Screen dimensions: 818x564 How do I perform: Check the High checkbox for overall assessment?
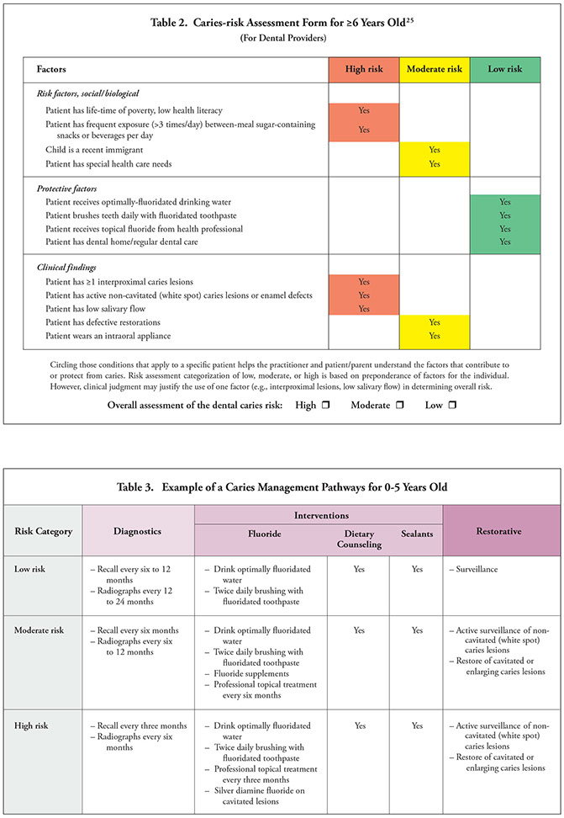point(330,406)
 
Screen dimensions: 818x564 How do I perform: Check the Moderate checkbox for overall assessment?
point(400,406)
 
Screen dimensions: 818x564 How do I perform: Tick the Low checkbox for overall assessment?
point(452,406)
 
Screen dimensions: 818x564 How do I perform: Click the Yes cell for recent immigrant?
point(434,149)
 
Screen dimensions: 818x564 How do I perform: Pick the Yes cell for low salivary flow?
point(363,309)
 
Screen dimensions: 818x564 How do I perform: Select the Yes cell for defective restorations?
point(434,322)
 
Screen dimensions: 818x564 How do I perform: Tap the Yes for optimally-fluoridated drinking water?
point(504,202)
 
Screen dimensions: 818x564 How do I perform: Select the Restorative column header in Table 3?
point(501,530)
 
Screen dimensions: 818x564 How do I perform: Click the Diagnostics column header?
point(137,530)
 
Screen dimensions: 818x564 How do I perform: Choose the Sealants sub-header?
point(415,533)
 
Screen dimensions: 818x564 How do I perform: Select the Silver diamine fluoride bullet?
point(260,785)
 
